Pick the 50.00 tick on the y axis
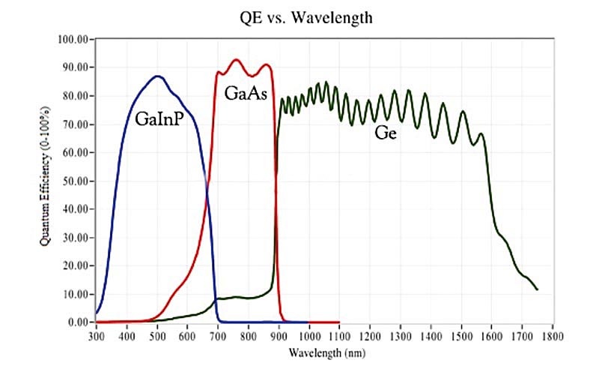[x=76, y=181]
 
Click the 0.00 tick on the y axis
[x=78, y=322]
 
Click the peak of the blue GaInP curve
[x=157, y=76]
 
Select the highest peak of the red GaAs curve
[x=237, y=59]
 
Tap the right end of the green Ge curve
[x=537, y=289]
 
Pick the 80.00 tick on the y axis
[x=76, y=96]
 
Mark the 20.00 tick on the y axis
[x=76, y=265]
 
